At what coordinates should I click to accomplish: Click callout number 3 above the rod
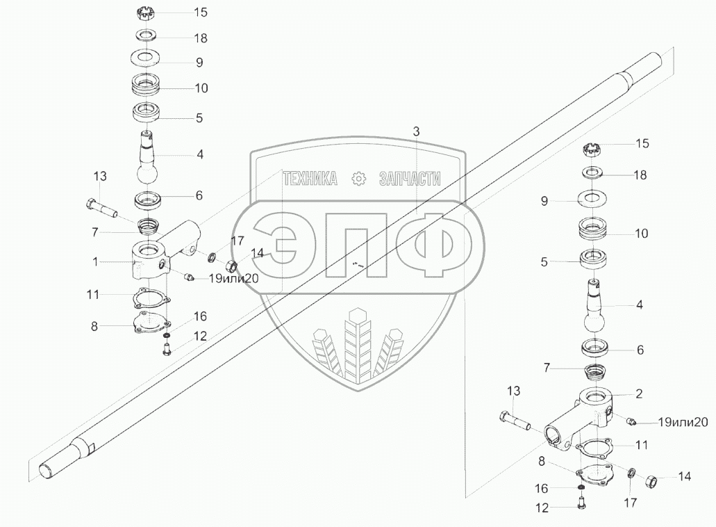coord(416,131)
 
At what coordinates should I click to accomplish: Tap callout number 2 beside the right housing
coord(639,394)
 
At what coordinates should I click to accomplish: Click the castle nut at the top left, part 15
coord(144,13)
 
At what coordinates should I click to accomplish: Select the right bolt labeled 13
coord(515,420)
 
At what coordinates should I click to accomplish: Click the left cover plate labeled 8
coord(150,323)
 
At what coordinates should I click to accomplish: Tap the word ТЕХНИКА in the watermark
coord(310,179)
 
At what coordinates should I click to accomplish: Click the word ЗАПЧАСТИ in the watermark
coord(410,179)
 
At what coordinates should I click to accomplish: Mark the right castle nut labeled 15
coord(591,149)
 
